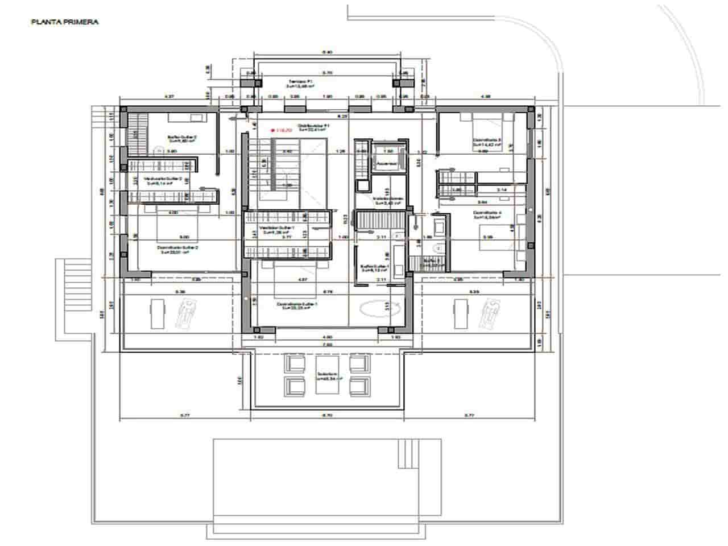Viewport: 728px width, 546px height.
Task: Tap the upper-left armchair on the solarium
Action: [295, 363]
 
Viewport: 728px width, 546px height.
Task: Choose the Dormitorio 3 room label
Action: [487, 143]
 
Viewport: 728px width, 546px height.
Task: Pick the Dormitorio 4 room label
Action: [487, 214]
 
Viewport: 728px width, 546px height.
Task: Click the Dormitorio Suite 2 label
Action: [177, 250]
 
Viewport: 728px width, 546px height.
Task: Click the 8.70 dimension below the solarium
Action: [326, 416]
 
